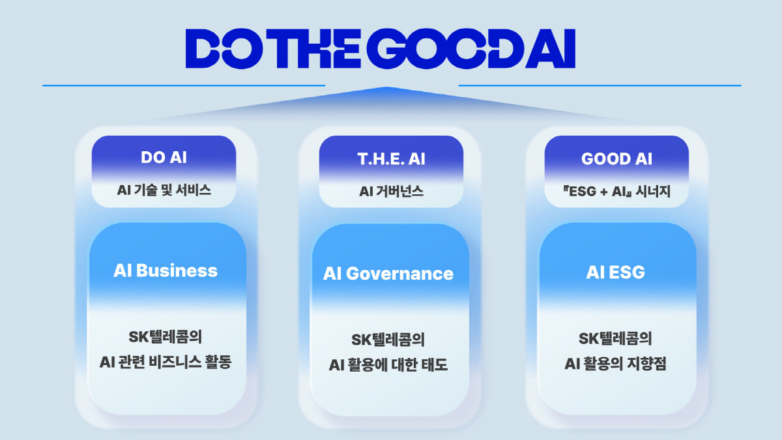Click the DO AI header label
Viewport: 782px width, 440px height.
tap(164, 158)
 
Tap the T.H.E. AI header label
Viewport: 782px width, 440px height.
tap(391, 158)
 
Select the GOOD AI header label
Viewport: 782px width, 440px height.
tap(616, 158)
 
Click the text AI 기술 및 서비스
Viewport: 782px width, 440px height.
tap(164, 191)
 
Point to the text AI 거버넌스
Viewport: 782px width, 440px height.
tap(391, 192)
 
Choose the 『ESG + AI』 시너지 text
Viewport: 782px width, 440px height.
tap(616, 192)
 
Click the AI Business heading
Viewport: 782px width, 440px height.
tap(166, 271)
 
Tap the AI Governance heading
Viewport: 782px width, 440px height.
tap(388, 273)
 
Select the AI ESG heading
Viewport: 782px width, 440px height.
tap(615, 272)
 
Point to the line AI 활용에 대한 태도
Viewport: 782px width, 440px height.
tap(388, 365)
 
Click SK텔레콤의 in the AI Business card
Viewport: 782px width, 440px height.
tap(166, 338)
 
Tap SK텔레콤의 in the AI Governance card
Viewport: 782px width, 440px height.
tap(388, 340)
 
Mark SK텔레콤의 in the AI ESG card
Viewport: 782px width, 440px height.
tap(615, 339)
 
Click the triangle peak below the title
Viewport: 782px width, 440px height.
tap(386, 89)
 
